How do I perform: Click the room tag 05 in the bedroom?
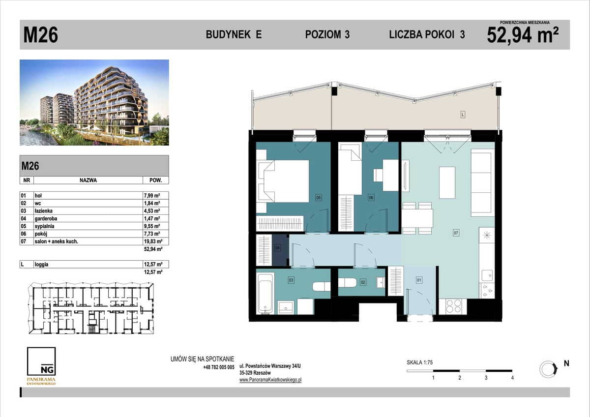click(319, 197)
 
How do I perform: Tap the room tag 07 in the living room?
click(456, 233)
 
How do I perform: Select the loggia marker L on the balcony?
click(463, 115)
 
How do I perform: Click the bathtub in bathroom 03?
click(265, 293)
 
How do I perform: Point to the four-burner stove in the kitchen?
click(453, 306)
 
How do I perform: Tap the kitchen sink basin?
click(487, 275)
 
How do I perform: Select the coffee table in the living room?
click(447, 182)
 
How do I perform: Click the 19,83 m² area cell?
click(153, 241)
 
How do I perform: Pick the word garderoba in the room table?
click(46, 218)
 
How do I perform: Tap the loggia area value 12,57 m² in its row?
click(153, 264)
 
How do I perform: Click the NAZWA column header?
click(88, 180)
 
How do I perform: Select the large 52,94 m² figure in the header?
click(523, 35)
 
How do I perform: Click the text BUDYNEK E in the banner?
click(234, 34)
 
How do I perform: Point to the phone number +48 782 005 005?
click(219, 367)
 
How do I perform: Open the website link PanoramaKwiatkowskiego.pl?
click(270, 380)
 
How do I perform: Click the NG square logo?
click(41, 361)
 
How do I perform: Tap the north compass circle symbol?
click(548, 369)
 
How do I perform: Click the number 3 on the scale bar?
click(486, 378)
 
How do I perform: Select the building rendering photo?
click(94, 102)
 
